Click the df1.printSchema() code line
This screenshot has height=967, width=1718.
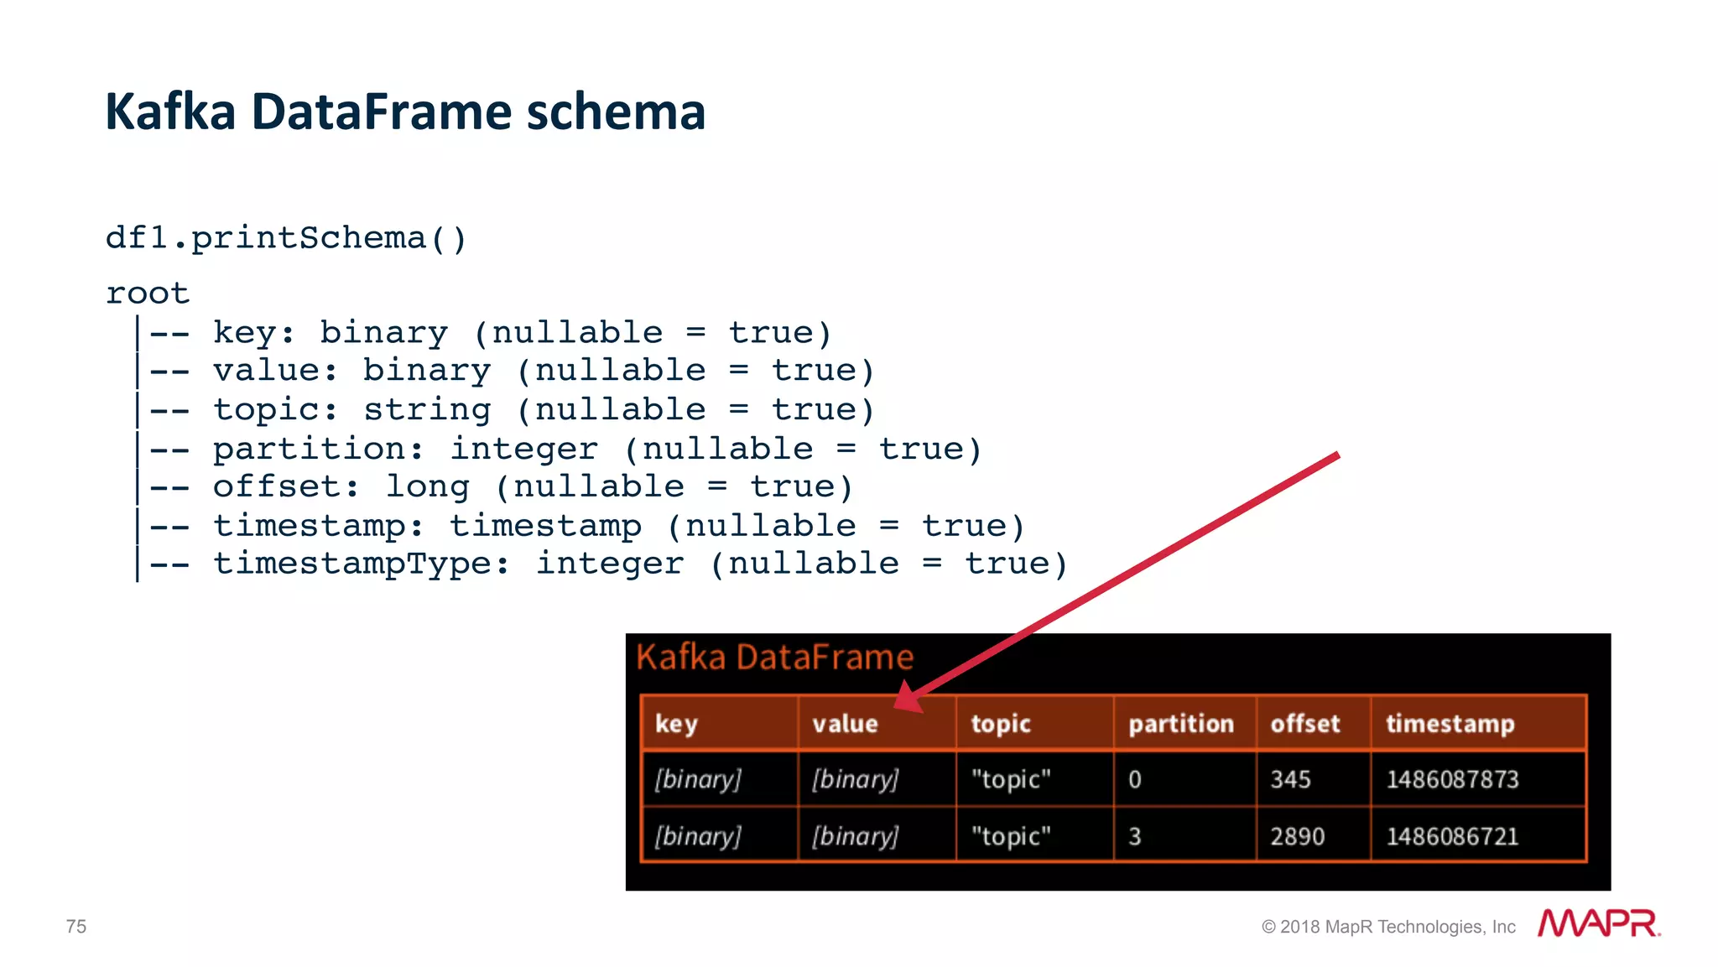[285, 238]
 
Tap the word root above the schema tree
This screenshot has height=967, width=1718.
[148, 294]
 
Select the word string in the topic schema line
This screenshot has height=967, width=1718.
[427, 410]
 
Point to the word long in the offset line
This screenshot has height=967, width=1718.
[427, 487]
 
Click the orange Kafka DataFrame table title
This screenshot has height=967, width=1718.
[774, 657]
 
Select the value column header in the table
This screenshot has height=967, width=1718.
[845, 724]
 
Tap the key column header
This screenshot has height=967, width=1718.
[676, 724]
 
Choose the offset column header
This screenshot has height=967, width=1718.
[1304, 724]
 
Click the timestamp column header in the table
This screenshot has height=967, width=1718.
[1450, 724]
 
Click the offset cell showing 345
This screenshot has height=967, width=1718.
[1290, 780]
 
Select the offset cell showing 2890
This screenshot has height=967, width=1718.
[1297, 836]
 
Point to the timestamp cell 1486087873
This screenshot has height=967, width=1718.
[1452, 780]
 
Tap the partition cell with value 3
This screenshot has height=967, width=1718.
[1135, 836]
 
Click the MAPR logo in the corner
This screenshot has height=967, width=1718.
[1598, 923]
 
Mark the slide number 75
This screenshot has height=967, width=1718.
[76, 927]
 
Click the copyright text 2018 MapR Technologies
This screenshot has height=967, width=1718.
[1388, 927]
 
